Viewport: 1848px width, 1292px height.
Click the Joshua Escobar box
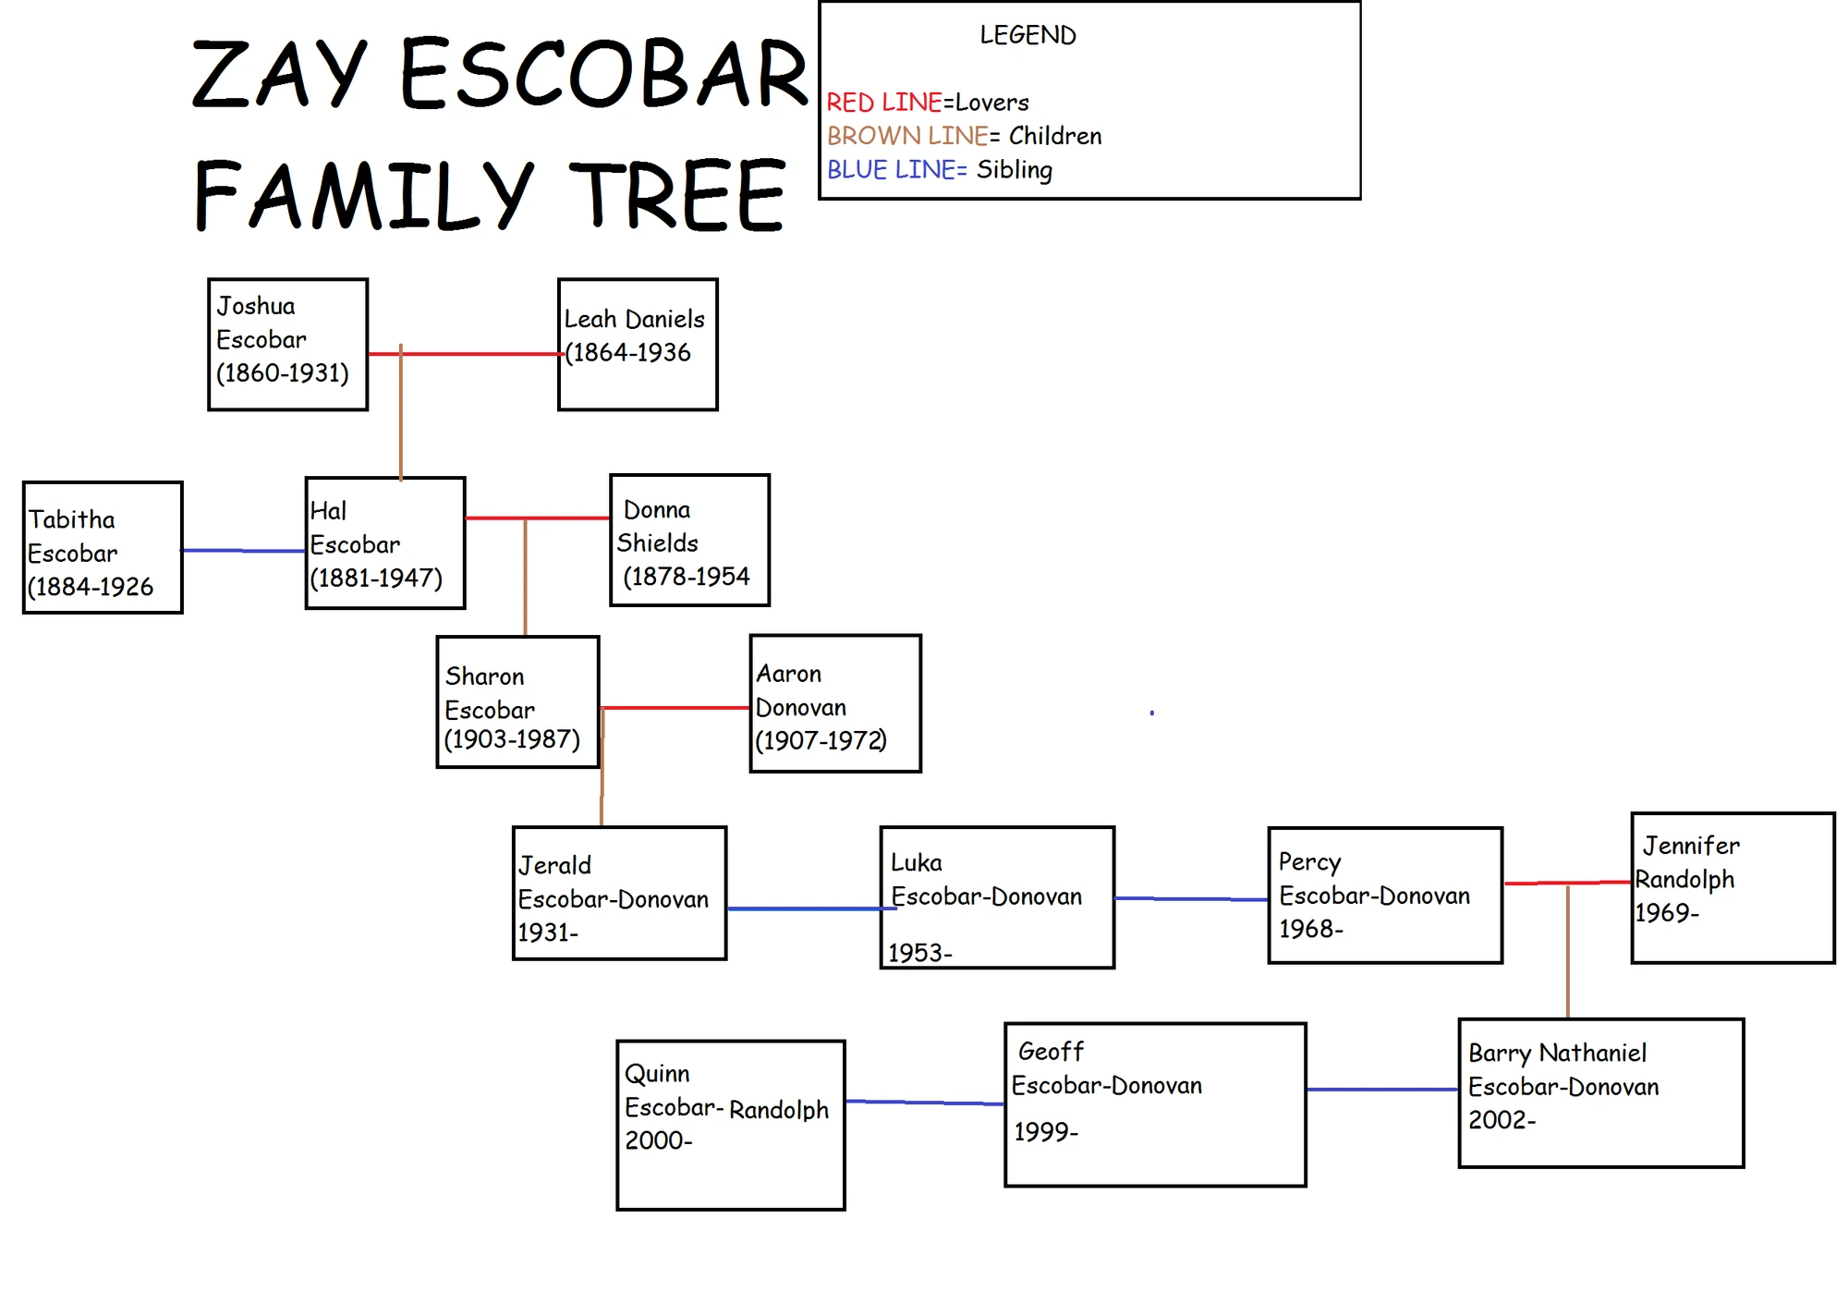tap(287, 344)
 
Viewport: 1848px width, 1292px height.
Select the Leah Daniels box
tap(638, 344)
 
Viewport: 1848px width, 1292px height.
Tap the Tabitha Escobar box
tap(103, 547)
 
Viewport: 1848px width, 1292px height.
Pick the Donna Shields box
tap(689, 541)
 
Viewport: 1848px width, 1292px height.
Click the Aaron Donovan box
tap(835, 703)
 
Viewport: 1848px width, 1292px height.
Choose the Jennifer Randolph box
tap(1732, 887)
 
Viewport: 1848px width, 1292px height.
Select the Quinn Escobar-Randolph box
tap(731, 1125)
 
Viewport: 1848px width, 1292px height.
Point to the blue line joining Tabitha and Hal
tap(244, 551)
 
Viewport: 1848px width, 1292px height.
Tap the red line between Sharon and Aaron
tap(675, 708)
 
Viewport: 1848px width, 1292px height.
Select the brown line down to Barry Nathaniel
tap(1568, 952)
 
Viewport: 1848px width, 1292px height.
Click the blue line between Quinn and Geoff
tap(924, 1103)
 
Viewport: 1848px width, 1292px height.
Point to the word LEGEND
tap(1027, 35)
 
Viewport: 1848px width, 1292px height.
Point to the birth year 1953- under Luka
tap(919, 953)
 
